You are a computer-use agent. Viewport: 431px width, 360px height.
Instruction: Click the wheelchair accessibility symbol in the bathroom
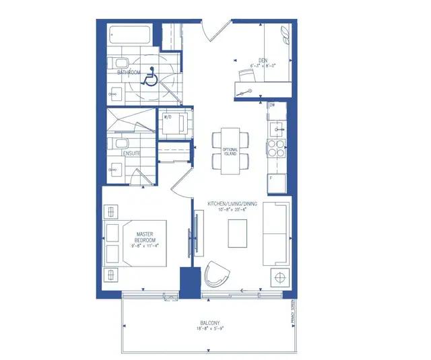(x=150, y=78)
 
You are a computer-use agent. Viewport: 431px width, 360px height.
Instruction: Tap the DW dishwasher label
(x=273, y=106)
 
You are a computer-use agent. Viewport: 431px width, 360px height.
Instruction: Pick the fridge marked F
(x=276, y=182)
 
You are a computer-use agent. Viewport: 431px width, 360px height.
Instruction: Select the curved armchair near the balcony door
(x=218, y=273)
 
